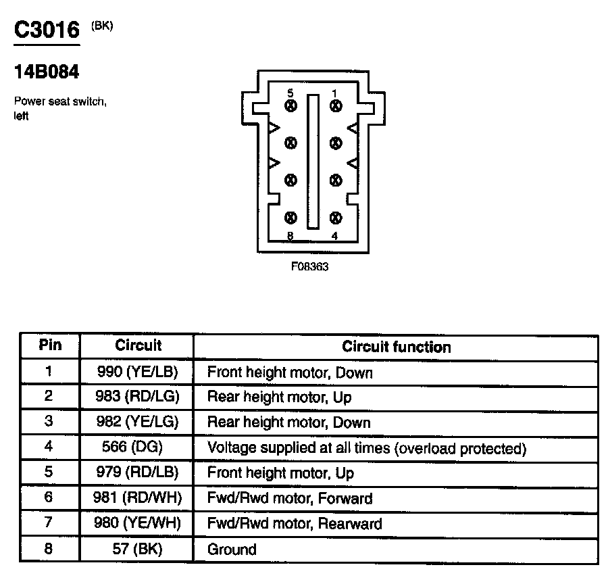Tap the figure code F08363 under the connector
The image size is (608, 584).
(309, 266)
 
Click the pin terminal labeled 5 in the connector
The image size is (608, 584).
(290, 106)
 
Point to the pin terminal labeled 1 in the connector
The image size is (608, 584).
(336, 106)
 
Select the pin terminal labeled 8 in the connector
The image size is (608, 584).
(290, 218)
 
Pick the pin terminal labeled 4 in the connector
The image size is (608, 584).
(336, 218)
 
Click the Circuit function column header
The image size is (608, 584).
(396, 347)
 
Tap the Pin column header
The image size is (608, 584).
(50, 345)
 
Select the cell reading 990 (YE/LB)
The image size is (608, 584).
(138, 372)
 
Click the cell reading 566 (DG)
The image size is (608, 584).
(138, 447)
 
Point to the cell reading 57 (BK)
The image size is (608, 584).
(138, 549)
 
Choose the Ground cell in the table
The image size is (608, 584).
(232, 550)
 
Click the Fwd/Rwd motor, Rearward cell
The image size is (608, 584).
(294, 524)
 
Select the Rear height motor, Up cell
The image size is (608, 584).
(279, 397)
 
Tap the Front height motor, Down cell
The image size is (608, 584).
(290, 372)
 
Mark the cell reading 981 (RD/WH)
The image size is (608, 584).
(138, 499)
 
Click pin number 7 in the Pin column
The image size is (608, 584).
(49, 523)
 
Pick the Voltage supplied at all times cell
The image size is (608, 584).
(366, 448)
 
